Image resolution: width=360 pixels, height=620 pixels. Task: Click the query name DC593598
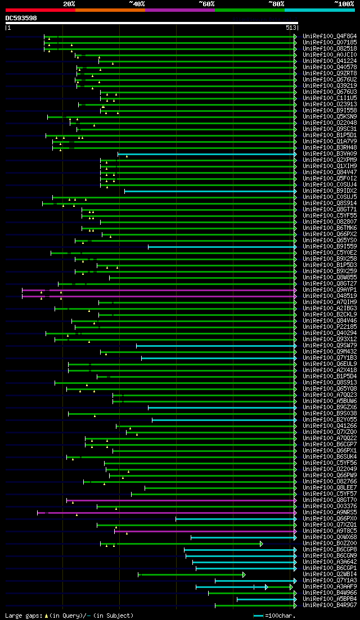tap(21, 18)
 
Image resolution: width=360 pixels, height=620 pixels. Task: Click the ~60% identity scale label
tap(206, 4)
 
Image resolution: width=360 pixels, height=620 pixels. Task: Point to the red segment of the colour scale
tap(40, 10)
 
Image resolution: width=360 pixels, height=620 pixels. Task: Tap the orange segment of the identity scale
tap(110, 10)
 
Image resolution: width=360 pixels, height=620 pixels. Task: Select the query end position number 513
tap(291, 28)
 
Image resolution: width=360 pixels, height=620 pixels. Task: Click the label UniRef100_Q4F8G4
tap(330, 37)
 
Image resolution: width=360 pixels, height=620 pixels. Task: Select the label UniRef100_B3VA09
tap(330, 154)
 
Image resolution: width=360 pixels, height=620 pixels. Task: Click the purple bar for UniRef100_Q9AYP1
tap(157, 290)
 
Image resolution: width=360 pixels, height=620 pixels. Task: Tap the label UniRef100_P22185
tap(330, 327)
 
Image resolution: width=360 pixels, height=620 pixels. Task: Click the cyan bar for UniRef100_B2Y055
tap(223, 420)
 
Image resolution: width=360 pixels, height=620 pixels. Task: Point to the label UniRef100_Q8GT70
tap(330, 500)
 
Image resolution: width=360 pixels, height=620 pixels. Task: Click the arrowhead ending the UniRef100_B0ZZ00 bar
tap(262, 544)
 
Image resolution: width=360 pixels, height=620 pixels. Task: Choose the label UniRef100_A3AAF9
tap(330, 587)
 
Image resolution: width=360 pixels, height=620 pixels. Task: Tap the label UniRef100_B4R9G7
tap(330, 605)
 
